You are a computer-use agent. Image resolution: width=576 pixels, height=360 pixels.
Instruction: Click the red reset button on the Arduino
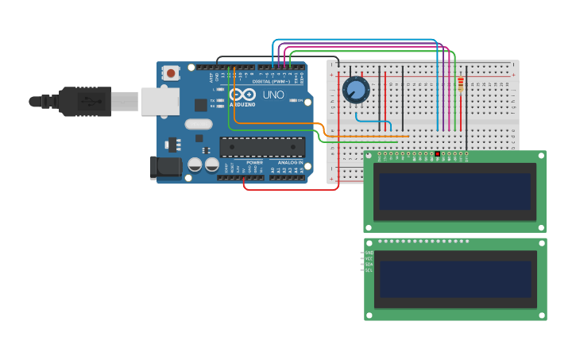pyautogui.click(x=171, y=73)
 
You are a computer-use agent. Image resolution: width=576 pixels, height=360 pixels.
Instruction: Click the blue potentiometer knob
pyautogui.click(x=356, y=90)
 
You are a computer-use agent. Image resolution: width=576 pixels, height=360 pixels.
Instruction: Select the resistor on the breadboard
pyautogui.click(x=461, y=84)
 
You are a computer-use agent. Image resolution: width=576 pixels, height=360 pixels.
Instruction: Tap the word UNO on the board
pyautogui.click(x=273, y=95)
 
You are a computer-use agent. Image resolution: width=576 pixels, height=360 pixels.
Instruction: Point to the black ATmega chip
pyautogui.click(x=262, y=147)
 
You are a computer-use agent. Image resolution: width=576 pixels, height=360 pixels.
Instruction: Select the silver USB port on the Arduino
pyautogui.click(x=160, y=102)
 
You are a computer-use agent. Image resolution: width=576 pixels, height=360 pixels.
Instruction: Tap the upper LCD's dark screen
pyautogui.click(x=454, y=192)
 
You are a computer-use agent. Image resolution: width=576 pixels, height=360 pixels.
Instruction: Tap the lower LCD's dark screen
pyautogui.click(x=454, y=279)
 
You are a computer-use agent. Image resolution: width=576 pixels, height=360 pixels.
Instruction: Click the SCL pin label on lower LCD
pyautogui.click(x=369, y=270)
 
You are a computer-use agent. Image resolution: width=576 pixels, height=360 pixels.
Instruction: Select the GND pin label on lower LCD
pyautogui.click(x=369, y=253)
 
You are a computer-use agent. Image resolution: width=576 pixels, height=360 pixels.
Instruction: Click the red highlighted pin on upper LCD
pyautogui.click(x=437, y=153)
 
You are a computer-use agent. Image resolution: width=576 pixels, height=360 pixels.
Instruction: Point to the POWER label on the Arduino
pyautogui.click(x=254, y=162)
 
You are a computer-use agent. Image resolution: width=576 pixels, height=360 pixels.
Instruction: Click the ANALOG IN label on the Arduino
pyautogui.click(x=289, y=162)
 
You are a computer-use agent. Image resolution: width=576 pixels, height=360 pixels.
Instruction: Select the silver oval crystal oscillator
pyautogui.click(x=199, y=124)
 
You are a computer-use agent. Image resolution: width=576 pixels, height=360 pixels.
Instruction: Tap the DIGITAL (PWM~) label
pyautogui.click(x=269, y=81)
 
